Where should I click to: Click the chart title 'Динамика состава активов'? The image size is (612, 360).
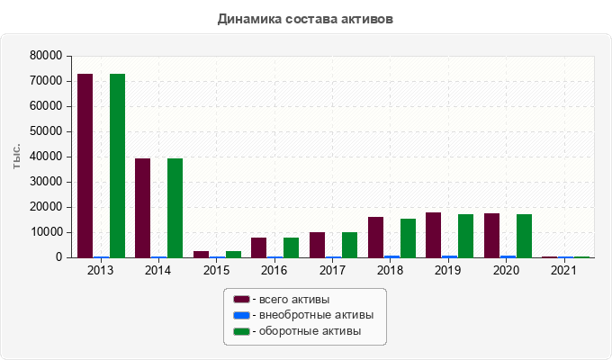pyautogui.click(x=305, y=18)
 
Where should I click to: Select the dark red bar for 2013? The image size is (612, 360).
pyautogui.click(x=85, y=166)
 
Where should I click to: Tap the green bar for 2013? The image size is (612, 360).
pyautogui.click(x=117, y=166)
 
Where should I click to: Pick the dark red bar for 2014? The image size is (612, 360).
pyautogui.click(x=142, y=208)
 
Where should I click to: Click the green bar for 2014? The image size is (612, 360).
pyautogui.click(x=175, y=208)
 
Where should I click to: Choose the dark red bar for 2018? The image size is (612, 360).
pyautogui.click(x=375, y=237)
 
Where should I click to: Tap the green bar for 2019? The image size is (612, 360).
pyautogui.click(x=465, y=236)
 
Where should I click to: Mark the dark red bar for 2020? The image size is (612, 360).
pyautogui.click(x=491, y=235)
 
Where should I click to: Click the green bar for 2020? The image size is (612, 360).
pyautogui.click(x=524, y=236)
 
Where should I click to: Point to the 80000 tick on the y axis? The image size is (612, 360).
pyautogui.click(x=46, y=56)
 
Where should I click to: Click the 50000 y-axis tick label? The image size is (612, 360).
pyautogui.click(x=46, y=131)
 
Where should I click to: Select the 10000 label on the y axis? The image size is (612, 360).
pyautogui.click(x=46, y=232)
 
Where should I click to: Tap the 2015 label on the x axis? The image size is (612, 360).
pyautogui.click(x=215, y=270)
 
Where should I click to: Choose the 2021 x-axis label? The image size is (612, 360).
pyautogui.click(x=563, y=270)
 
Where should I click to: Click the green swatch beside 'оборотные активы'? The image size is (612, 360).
pyautogui.click(x=241, y=332)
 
